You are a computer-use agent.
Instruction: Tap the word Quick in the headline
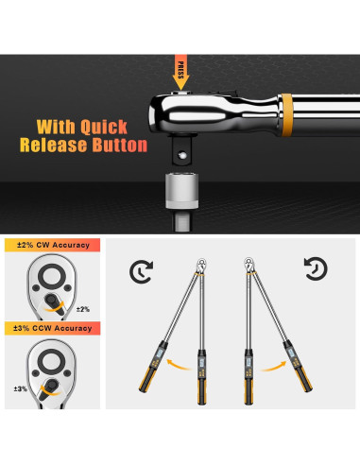118,126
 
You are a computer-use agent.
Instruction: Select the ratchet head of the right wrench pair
251,262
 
